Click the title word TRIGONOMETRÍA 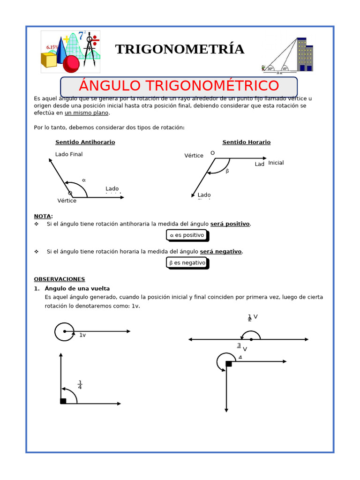[x=180, y=49]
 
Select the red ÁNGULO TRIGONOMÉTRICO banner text [x=179, y=86]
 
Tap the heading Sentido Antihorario [x=85, y=142]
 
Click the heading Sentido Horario [x=246, y=142]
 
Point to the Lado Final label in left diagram [x=68, y=154]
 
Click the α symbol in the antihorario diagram [x=84, y=180]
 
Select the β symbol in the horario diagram [x=227, y=171]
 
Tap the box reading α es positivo [x=187, y=235]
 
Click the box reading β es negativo [x=187, y=263]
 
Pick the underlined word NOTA [x=43, y=216]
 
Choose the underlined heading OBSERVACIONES [x=59, y=279]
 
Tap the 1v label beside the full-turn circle [x=82, y=335]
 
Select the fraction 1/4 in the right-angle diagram [x=80, y=385]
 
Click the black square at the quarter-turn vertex [x=63, y=401]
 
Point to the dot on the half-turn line [x=251, y=339]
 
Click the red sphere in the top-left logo [x=71, y=63]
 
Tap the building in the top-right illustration [x=304, y=55]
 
